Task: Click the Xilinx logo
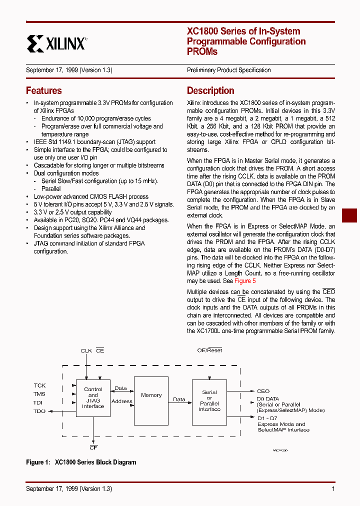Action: tap(56, 43)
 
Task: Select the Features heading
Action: tap(44, 90)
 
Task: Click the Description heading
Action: tap(210, 90)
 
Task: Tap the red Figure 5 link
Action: tap(245, 281)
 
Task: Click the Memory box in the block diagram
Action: tap(151, 395)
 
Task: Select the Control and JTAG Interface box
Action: tap(93, 397)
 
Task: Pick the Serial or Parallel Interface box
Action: tap(209, 401)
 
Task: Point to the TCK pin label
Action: tap(39, 385)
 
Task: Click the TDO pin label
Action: tap(39, 411)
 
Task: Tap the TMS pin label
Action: tap(39, 394)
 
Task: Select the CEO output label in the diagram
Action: tap(263, 391)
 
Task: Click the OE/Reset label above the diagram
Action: tap(209, 350)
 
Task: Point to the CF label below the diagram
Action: tap(93, 447)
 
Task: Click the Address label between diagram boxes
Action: tap(122, 401)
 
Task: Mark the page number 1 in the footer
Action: tap(333, 489)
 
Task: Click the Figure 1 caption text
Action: tap(81, 462)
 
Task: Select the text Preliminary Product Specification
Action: tap(228, 70)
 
